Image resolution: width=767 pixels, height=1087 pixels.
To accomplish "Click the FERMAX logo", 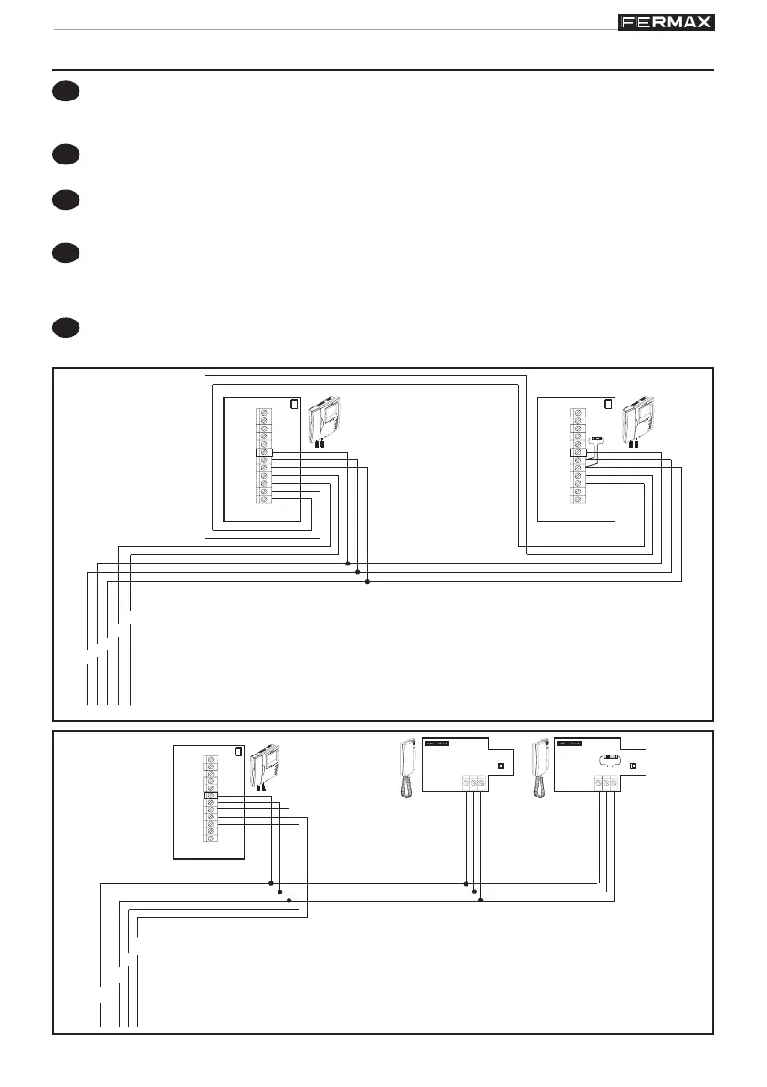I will [x=667, y=22].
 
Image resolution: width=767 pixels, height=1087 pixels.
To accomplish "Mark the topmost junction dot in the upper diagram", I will [x=348, y=564].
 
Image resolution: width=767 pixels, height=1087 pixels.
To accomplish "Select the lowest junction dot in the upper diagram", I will [x=366, y=582].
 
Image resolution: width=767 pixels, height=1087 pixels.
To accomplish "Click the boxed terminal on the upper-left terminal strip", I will [x=263, y=453].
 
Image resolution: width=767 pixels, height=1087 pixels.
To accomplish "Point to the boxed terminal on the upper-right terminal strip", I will [x=578, y=452].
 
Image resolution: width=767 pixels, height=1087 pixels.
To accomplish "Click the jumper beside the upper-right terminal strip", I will [x=597, y=439].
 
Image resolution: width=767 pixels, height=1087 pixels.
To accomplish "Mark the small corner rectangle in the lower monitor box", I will [x=238, y=753].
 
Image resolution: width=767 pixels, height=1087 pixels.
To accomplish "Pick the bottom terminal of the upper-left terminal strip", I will [x=264, y=499].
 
